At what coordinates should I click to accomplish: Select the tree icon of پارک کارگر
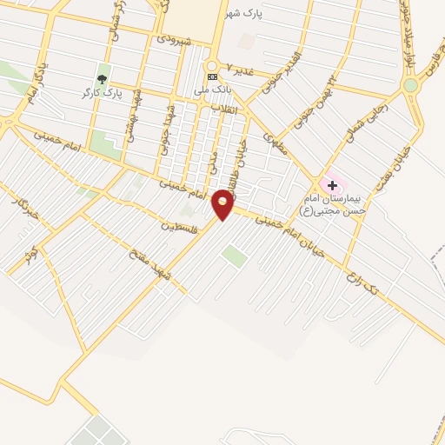pyautogui.click(x=103, y=80)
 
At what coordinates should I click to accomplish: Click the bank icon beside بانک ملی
pyautogui.click(x=211, y=76)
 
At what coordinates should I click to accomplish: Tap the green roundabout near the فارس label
pyautogui.click(x=410, y=85)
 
